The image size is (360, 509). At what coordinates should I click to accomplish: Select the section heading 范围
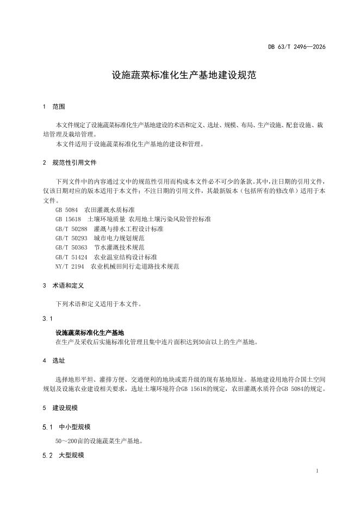(58, 107)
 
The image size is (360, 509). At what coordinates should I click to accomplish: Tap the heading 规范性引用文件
(75, 163)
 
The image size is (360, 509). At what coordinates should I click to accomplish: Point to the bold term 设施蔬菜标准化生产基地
(90, 332)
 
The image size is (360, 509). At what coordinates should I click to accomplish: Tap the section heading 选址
(58, 361)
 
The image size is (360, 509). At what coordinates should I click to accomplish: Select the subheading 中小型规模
(71, 426)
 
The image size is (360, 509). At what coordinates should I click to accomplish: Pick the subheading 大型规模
(71, 455)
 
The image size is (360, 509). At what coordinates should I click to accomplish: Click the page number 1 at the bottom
(317, 471)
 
